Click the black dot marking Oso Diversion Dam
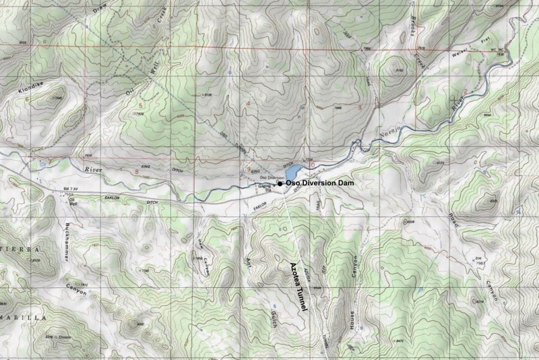(280, 183)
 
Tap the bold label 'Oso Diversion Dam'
(321, 183)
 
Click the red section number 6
(27, 99)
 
